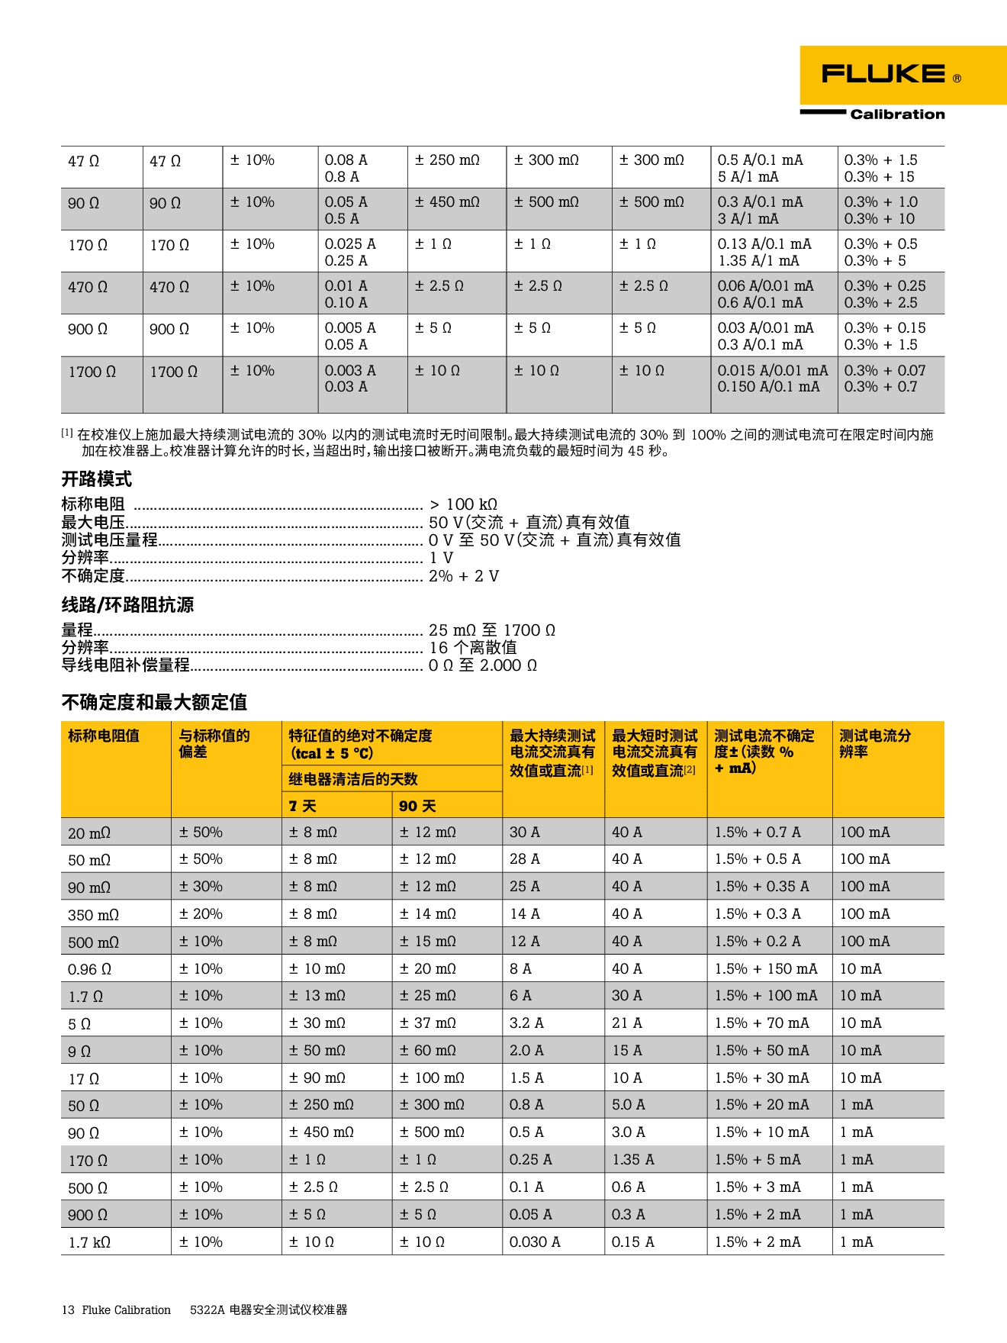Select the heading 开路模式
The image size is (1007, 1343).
click(97, 479)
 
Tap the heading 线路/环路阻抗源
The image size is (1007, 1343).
click(127, 605)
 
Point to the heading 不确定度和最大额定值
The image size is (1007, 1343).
click(154, 702)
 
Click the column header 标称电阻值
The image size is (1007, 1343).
click(104, 736)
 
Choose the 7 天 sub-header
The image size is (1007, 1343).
click(302, 806)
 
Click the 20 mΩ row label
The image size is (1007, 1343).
click(89, 833)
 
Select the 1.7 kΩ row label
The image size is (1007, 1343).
click(89, 1242)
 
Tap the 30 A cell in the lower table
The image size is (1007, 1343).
click(525, 832)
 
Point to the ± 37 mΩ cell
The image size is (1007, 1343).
click(427, 1023)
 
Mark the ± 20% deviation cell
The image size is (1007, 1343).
click(201, 914)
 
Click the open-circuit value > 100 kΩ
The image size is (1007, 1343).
click(463, 504)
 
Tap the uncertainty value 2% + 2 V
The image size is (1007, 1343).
click(464, 576)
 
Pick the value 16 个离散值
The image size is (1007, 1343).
click(473, 648)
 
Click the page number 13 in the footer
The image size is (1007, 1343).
click(68, 1310)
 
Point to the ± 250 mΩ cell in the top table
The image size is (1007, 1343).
click(447, 160)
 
